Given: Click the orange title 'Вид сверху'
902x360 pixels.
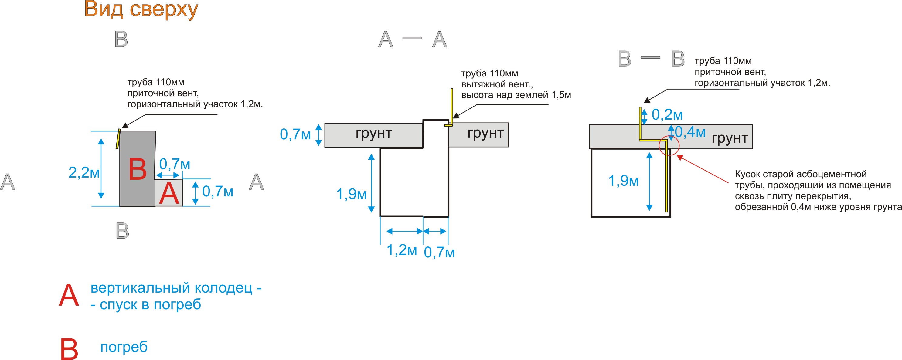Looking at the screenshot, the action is [141, 9].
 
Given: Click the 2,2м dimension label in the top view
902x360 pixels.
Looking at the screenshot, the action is [84, 173].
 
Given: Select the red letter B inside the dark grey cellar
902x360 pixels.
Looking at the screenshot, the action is [138, 169].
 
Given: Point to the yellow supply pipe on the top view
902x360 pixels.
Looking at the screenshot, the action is [118, 139].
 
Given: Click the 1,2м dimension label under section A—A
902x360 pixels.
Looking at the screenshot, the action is [402, 250].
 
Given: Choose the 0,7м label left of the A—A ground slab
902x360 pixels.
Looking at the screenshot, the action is [295, 134].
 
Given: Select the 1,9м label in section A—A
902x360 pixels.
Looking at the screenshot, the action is [351, 194].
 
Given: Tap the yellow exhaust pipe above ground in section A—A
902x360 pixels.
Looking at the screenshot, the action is [451, 107].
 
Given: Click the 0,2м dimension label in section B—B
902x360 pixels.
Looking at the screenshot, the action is [667, 114].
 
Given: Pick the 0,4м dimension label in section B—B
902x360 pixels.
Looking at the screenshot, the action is [690, 132].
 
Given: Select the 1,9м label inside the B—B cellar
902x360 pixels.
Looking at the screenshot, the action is [623, 181].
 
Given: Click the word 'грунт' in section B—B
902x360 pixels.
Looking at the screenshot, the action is [730, 138].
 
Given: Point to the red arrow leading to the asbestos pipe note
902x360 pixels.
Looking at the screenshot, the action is [703, 169].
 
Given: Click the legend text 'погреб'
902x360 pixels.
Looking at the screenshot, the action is [124, 347].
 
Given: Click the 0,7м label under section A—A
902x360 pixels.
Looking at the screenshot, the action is [439, 253].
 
